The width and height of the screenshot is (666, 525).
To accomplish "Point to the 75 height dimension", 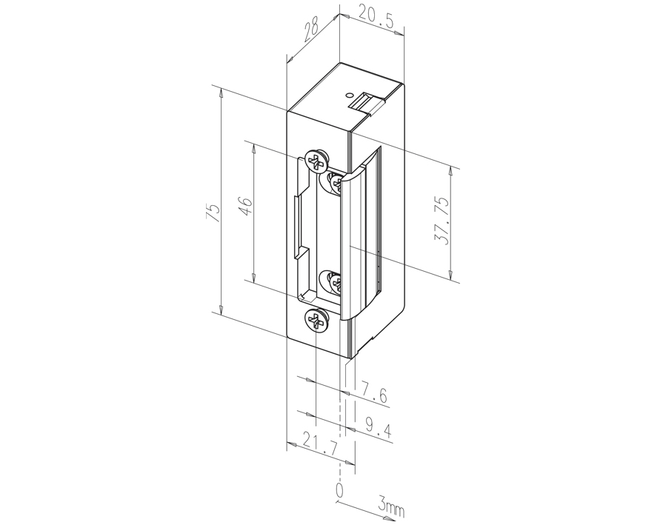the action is pyautogui.click(x=213, y=212).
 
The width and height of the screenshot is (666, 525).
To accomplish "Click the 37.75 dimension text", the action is pyautogui.click(x=441, y=221).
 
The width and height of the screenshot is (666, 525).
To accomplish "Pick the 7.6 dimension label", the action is pyautogui.click(x=374, y=393).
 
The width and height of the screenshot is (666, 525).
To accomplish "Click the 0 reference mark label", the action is pyautogui.click(x=339, y=490).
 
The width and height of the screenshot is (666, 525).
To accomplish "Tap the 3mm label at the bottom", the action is pyautogui.click(x=390, y=506).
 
